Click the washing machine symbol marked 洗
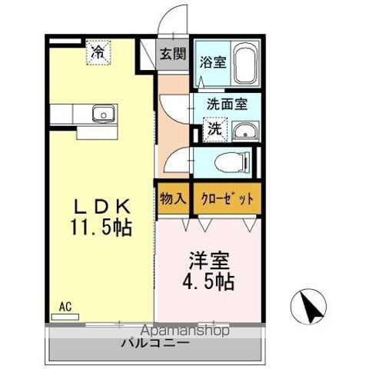[216, 128]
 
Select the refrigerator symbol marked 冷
[98, 52]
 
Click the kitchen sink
[101, 115]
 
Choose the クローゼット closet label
[226, 198]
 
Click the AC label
[66, 306]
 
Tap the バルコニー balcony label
[154, 343]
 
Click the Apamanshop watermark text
[178, 331]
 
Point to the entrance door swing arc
[175, 21]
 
